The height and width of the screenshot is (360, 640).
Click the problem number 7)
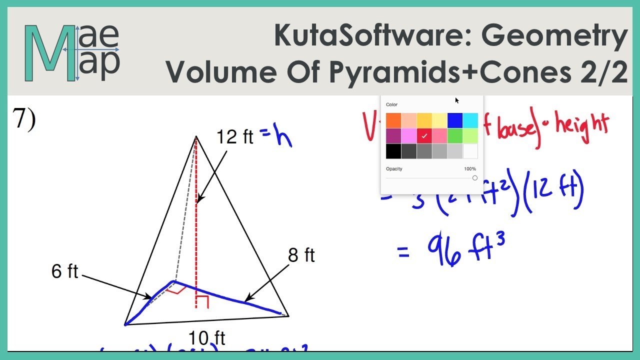click(24, 119)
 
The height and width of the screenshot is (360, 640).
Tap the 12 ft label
click(235, 136)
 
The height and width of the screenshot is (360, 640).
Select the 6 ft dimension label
click(65, 271)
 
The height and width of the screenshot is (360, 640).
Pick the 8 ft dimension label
click(301, 255)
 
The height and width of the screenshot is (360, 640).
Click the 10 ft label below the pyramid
click(207, 338)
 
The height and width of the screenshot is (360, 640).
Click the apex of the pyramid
click(196, 136)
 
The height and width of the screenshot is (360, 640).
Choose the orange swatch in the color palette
click(393, 120)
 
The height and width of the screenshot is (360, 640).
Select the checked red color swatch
click(424, 136)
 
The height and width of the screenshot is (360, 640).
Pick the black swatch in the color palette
click(393, 151)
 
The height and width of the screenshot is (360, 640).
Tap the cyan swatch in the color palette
click(470, 120)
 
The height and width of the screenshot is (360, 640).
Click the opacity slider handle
click(474, 178)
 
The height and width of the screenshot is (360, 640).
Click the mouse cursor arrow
click(457, 100)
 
